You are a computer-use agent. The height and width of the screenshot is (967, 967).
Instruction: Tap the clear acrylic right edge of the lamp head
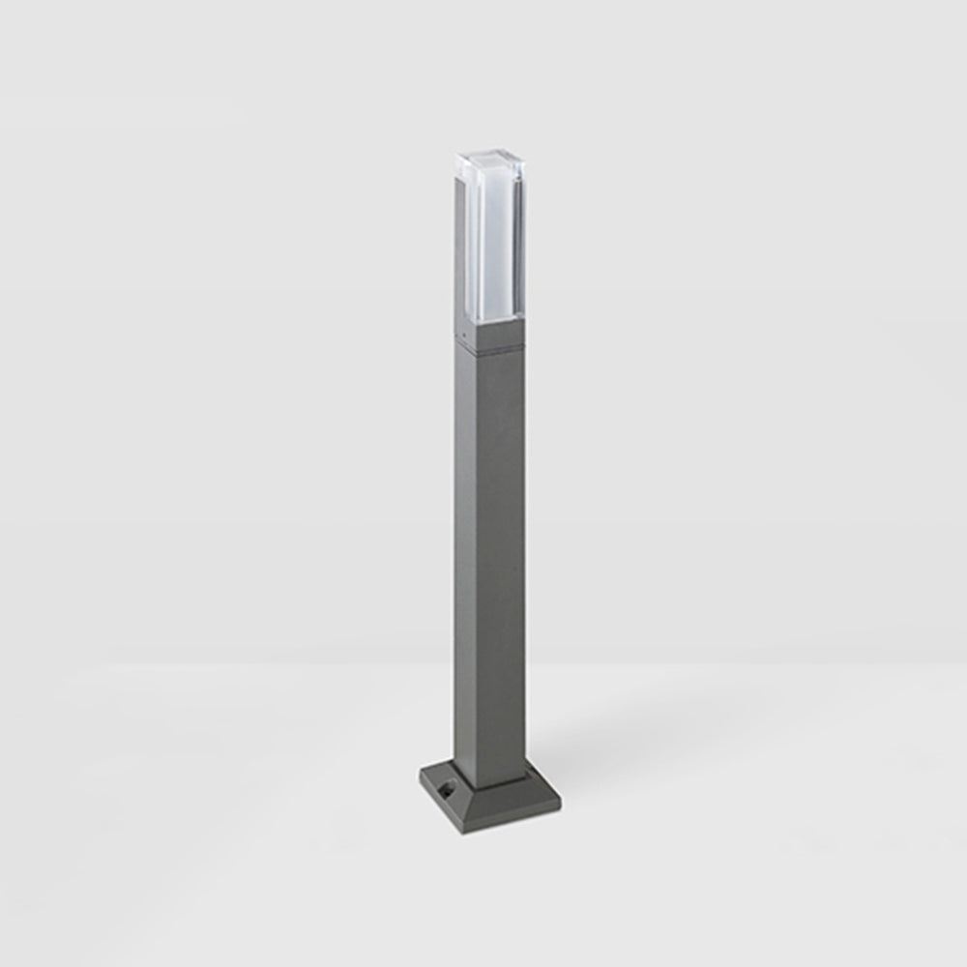coord(530,242)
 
